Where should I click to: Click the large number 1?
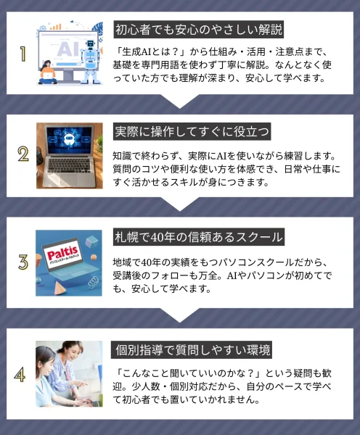pos(23,54)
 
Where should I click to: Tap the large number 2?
pos(23,154)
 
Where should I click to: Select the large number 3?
pos(23,262)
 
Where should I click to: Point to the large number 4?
pos(20,375)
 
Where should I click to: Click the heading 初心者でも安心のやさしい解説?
pos(199,30)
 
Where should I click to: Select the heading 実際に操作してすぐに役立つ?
pos(192,131)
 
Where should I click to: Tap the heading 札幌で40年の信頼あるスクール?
pos(199,237)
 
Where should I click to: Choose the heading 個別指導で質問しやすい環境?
pos(192,350)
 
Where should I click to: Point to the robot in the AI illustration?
pos(90,62)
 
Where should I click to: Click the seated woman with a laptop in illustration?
pos(48,72)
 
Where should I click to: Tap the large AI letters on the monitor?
pos(67,49)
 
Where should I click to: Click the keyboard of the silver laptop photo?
pos(70,166)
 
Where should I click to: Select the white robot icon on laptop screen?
pos(69,138)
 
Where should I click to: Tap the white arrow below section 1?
pos(180,101)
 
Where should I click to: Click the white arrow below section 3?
pos(180,315)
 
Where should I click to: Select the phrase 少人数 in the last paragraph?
pos(145,386)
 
